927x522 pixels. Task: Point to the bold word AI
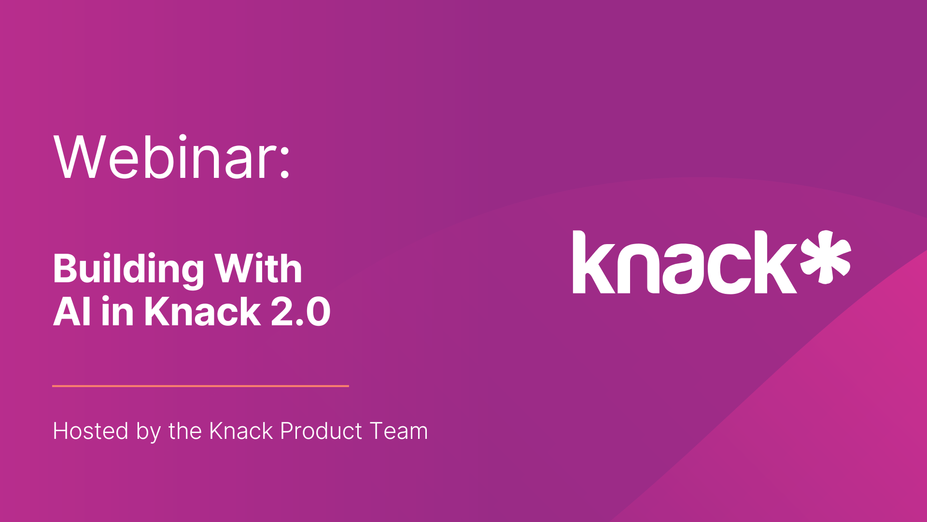tap(72, 312)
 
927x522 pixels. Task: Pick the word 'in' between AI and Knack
tap(117, 312)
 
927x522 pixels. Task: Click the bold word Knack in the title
tap(203, 312)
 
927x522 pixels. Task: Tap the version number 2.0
tap(300, 312)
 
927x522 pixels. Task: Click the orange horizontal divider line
tap(200, 386)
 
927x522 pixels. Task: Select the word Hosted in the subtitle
tap(91, 431)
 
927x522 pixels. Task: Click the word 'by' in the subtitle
tap(148, 432)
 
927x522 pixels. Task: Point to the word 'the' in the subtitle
tap(185, 431)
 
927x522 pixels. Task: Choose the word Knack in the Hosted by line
tap(241, 431)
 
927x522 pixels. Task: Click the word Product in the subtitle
tap(321, 431)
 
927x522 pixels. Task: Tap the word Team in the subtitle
tap(399, 431)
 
